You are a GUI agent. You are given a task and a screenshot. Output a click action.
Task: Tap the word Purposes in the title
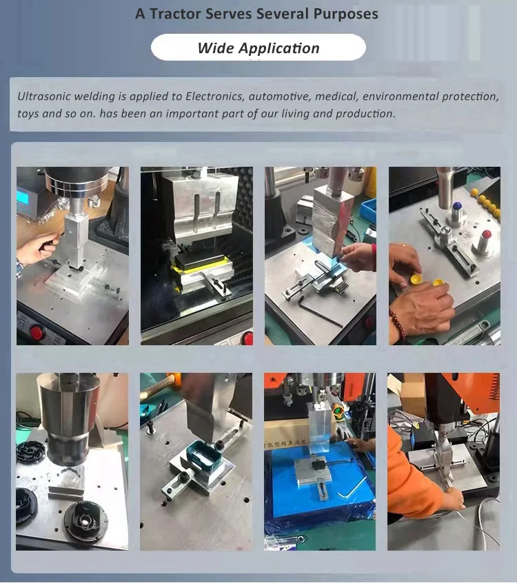[x=345, y=14]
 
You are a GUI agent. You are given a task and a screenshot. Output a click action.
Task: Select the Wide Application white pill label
[x=258, y=48]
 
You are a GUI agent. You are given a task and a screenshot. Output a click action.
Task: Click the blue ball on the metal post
[x=457, y=206]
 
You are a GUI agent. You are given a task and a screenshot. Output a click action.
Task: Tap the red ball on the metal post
[x=486, y=235]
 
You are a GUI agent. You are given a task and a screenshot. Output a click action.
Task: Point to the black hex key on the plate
[x=320, y=312]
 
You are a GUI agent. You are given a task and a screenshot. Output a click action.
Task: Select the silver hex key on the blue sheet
[x=352, y=487]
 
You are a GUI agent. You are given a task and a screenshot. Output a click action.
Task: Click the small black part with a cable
[x=318, y=464]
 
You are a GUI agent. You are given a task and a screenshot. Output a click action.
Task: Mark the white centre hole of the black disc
[x=85, y=522]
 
